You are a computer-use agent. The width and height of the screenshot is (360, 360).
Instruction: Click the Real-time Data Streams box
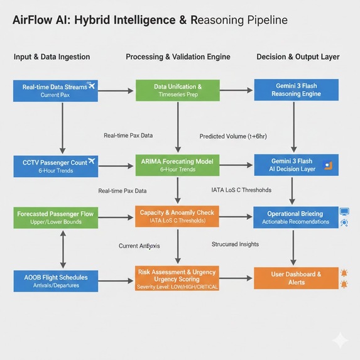(x=55, y=90)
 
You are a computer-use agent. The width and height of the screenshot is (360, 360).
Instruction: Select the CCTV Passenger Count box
(x=55, y=166)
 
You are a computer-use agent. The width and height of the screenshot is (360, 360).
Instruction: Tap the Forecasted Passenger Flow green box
(x=55, y=217)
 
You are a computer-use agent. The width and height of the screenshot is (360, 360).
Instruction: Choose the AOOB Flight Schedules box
(x=55, y=281)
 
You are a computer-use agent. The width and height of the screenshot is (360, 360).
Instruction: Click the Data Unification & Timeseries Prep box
(x=178, y=90)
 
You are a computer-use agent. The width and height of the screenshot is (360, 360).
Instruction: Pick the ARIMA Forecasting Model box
(x=178, y=166)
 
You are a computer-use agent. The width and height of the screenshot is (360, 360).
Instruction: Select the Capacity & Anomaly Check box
(x=178, y=217)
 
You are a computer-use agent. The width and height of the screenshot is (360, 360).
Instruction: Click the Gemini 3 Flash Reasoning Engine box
(x=296, y=90)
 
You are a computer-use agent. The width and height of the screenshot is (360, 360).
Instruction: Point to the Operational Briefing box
(x=296, y=217)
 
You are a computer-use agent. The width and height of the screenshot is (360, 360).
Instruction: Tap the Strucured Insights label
(x=236, y=244)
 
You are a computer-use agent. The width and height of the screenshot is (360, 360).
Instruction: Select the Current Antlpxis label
(x=140, y=246)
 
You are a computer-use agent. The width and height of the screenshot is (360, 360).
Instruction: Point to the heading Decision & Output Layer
(x=298, y=57)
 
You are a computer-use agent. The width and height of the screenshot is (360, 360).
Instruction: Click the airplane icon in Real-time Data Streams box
(x=91, y=85)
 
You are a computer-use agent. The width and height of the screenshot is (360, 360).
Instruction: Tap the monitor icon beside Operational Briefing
(x=344, y=212)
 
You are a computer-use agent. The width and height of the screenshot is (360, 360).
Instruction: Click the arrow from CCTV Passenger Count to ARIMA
(x=117, y=166)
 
